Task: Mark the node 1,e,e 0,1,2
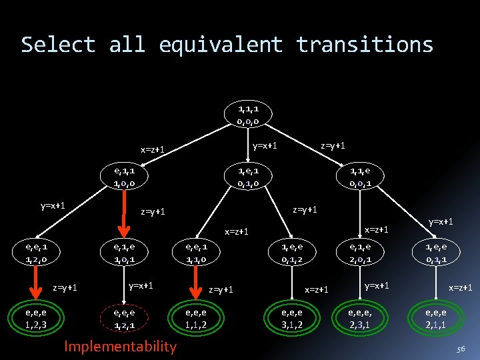point(293,253)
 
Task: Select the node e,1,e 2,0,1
point(361,253)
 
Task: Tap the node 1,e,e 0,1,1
point(441,253)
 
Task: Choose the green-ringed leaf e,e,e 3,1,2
point(293,319)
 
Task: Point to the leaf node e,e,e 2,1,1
point(441,319)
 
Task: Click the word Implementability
point(120,346)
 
